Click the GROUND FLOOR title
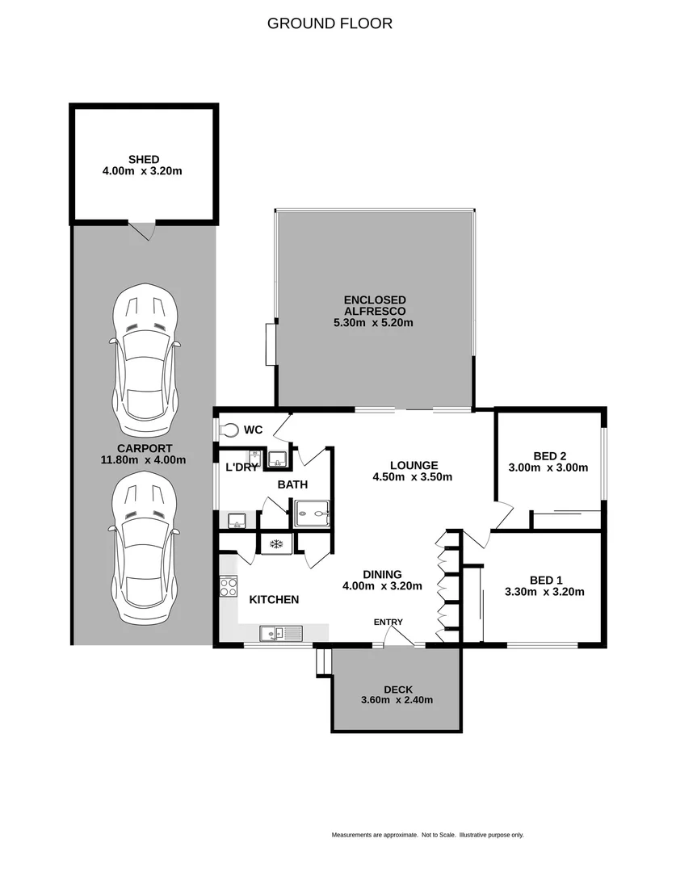330,23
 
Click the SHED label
143,160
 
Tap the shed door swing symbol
143,231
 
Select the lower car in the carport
145,548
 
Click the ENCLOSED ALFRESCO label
373,305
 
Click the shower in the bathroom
312,512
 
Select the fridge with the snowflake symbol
275,543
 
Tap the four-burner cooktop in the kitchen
228,587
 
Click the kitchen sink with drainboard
280,634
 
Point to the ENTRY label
387,622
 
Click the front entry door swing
397,637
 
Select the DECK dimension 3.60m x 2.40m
397,700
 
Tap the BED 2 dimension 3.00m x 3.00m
548,467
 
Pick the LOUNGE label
414,465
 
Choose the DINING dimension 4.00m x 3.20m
382,586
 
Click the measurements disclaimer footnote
427,835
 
